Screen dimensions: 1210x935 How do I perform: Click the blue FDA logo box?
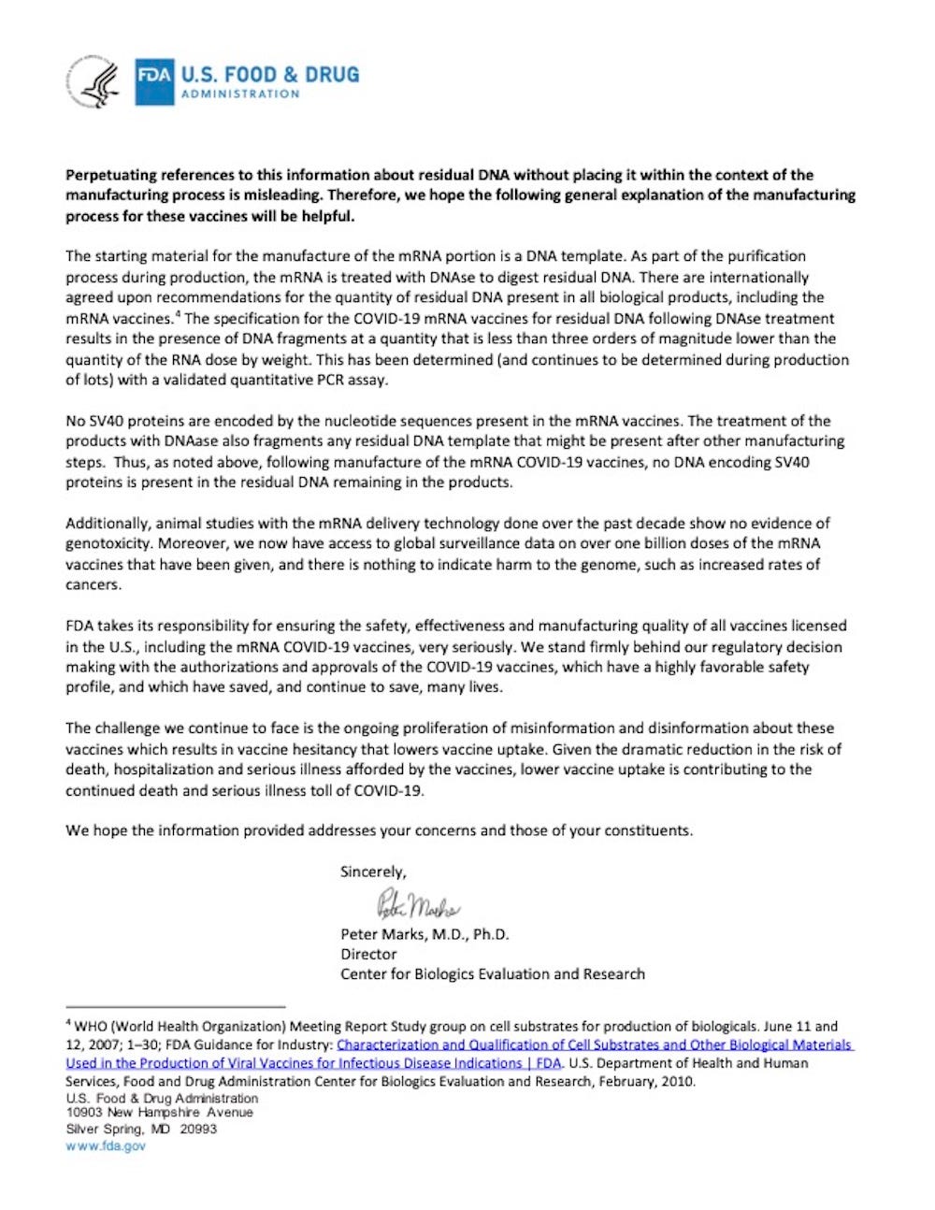tap(154, 82)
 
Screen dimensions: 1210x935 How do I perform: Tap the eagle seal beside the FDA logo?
tap(93, 82)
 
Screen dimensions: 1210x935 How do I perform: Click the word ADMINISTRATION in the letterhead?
tap(240, 94)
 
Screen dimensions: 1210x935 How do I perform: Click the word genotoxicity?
tap(108, 543)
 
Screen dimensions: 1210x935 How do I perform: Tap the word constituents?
tap(642, 830)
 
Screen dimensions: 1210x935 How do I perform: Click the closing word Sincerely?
tap(372, 871)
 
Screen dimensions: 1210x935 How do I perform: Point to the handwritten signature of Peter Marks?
tap(417, 904)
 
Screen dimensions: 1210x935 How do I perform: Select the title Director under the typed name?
tap(368, 954)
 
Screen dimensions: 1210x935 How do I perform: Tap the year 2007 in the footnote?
tap(103, 1044)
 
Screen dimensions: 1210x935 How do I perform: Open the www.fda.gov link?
tap(106, 1145)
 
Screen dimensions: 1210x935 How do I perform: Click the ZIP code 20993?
tap(197, 1129)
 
